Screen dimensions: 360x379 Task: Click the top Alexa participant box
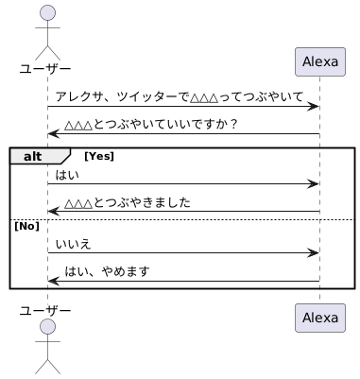320,61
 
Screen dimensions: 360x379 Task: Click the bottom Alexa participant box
320,318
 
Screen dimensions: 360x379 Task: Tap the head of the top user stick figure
47,13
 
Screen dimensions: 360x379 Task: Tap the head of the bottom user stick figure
47,326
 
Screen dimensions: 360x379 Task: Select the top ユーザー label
45,69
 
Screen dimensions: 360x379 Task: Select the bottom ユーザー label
45,311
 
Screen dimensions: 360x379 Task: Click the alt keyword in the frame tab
32,156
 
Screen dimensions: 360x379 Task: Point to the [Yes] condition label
99,156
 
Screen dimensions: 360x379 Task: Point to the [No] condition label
27,226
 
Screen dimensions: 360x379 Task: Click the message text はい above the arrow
67,175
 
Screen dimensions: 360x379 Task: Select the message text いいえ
74,244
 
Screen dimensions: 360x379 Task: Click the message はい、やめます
107,271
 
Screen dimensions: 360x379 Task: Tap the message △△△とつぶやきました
128,202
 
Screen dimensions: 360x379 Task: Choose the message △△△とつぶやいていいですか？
151,125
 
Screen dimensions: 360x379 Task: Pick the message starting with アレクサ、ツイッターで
180,97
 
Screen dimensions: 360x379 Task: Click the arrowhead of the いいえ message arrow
314,252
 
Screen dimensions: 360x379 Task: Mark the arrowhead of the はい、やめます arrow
54,281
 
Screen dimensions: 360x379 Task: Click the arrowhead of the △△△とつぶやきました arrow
54,211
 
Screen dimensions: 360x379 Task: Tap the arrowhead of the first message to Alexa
314,107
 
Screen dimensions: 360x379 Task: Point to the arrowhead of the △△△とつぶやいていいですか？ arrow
54,134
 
